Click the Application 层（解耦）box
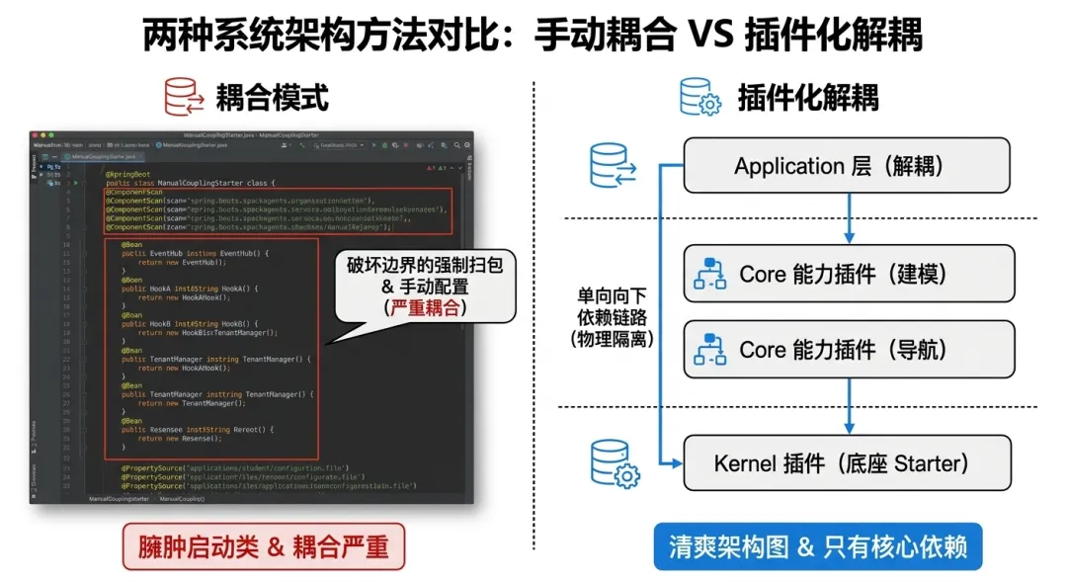point(847,165)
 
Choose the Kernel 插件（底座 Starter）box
point(847,462)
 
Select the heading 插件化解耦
point(808,97)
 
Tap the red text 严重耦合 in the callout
point(424,307)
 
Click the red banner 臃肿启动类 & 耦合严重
point(264,545)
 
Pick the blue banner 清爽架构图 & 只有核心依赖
point(817,545)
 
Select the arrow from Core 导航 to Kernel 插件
point(849,405)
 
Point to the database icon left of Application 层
point(612,165)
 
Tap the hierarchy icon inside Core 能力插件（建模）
point(709,274)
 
